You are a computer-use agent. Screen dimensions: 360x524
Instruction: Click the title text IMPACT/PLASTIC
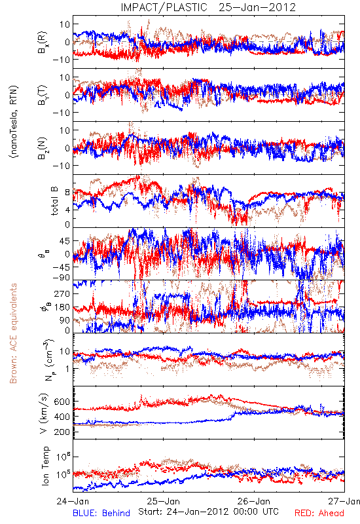[x=164, y=7]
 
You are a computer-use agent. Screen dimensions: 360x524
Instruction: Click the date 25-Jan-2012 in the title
[x=257, y=7]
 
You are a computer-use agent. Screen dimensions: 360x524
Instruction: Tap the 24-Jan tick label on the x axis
[x=73, y=501]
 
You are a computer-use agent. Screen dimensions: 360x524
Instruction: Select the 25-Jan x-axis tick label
[x=163, y=501]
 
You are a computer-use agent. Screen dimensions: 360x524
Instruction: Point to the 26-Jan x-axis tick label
[x=254, y=501]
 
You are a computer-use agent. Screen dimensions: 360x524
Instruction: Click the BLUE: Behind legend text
[x=101, y=513]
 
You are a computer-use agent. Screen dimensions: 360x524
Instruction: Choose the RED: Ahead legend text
[x=319, y=513]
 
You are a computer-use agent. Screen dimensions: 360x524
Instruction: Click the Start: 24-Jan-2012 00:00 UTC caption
[x=208, y=512]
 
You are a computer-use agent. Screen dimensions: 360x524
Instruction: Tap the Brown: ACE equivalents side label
[x=13, y=333]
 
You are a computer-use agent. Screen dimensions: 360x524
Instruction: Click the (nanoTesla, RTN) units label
[x=14, y=121]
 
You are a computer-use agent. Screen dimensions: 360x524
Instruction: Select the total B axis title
[x=54, y=201]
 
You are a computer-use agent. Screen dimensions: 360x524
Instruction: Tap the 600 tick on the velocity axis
[x=62, y=402]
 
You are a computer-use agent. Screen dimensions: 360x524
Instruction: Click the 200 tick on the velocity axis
[x=62, y=432]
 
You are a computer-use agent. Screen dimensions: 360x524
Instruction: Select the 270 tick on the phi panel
[x=62, y=293]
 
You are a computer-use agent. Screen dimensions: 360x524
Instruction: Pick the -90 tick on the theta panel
[x=61, y=277]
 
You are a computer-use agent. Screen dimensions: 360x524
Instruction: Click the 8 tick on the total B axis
[x=67, y=193]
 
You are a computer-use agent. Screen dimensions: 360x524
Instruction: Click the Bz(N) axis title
[x=43, y=148]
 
